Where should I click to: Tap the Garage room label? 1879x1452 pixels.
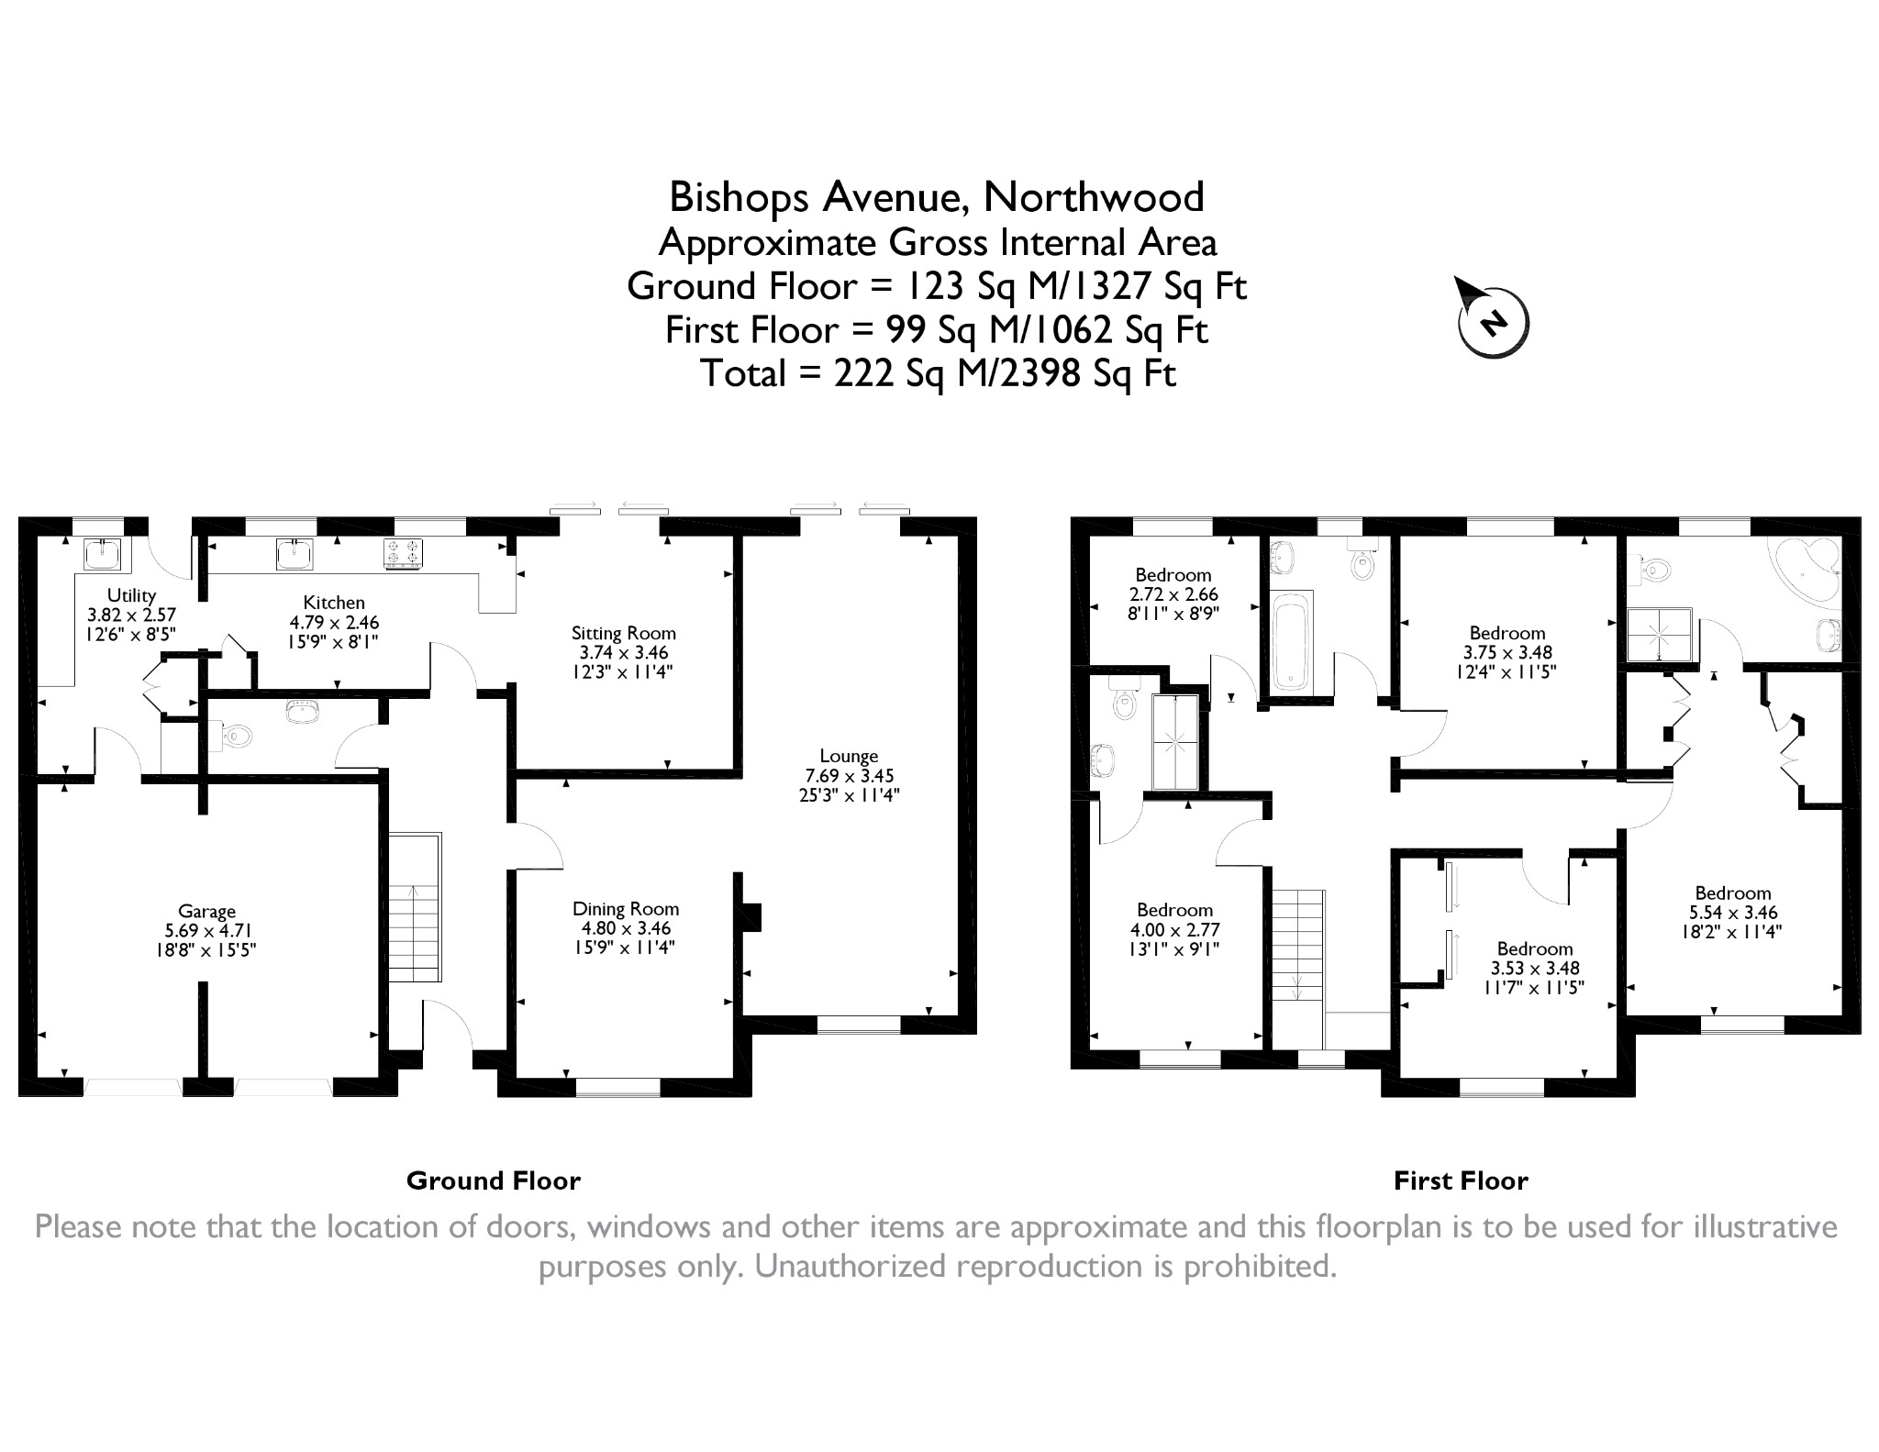pyautogui.click(x=206, y=911)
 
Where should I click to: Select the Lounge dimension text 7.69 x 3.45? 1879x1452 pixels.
pyautogui.click(x=849, y=775)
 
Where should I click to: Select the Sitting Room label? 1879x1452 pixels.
pyautogui.click(x=623, y=633)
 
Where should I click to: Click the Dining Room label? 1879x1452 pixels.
pyautogui.click(x=626, y=909)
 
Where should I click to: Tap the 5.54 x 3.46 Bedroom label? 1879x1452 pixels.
pyautogui.click(x=1733, y=892)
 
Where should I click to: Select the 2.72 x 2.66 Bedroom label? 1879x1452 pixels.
pyautogui.click(x=1173, y=575)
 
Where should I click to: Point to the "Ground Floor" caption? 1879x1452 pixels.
pyautogui.click(x=493, y=1180)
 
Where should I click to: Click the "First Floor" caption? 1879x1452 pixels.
pyautogui.click(x=1461, y=1180)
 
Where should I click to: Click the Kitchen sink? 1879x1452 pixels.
pyautogui.click(x=295, y=553)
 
